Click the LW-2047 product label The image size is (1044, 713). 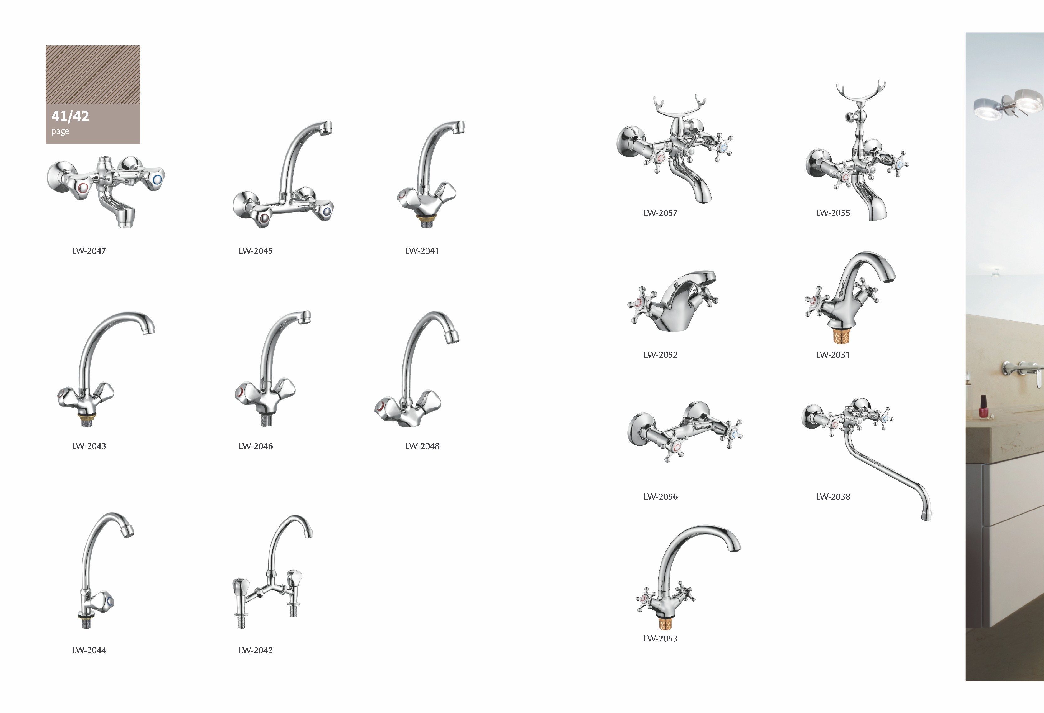(x=89, y=251)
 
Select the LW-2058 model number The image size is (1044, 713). (x=833, y=496)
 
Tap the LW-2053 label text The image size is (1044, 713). (x=660, y=638)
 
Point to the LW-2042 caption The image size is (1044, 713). (x=256, y=650)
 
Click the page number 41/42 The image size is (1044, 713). (x=70, y=116)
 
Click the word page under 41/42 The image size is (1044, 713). (x=60, y=131)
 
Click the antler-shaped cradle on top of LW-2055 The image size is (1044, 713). (x=860, y=93)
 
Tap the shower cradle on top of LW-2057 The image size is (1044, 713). (x=679, y=108)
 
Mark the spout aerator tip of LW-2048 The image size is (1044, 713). (x=452, y=335)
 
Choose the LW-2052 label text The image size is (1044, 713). (x=660, y=355)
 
